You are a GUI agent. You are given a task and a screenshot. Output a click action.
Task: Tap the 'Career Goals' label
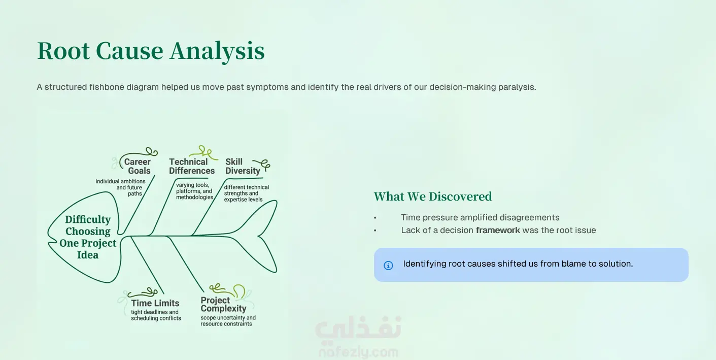click(x=138, y=166)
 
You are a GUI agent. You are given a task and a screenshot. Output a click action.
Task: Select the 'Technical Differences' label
click(x=192, y=166)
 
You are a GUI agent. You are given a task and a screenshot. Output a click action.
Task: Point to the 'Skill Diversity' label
click(x=243, y=166)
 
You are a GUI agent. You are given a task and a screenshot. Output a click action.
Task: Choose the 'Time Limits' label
click(x=155, y=303)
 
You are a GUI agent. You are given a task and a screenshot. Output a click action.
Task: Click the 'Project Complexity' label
click(x=223, y=304)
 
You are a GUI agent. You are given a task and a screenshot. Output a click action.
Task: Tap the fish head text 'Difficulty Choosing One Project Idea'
click(x=88, y=237)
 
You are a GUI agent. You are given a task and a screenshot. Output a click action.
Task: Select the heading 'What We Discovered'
click(x=433, y=197)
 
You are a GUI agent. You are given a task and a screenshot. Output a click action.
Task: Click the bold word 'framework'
click(x=498, y=230)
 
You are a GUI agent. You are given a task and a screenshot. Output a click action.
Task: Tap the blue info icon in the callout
click(x=388, y=266)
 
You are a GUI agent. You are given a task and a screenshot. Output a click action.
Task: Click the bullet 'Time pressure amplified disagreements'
click(x=480, y=217)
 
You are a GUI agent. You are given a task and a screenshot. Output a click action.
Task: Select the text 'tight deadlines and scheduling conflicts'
click(x=156, y=315)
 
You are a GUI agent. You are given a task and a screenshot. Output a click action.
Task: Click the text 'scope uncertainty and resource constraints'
click(x=228, y=321)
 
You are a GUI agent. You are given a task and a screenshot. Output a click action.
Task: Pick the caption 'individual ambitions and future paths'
click(x=121, y=187)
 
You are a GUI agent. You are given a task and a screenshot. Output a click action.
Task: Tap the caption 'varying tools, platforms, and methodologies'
click(x=194, y=191)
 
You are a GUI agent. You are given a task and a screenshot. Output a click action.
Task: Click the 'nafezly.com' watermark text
click(x=358, y=352)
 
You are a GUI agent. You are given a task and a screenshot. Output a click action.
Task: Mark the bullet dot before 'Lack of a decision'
click(x=376, y=231)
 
